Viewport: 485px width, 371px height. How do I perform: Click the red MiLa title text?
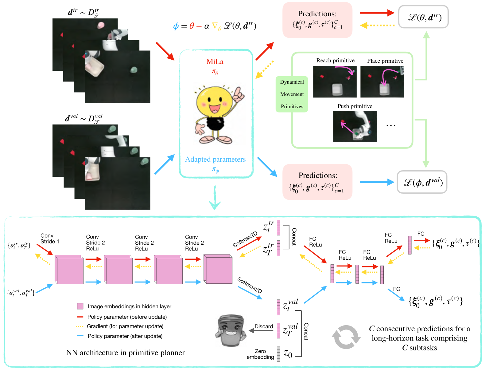(x=215, y=61)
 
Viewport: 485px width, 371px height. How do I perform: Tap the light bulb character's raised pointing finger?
(x=238, y=91)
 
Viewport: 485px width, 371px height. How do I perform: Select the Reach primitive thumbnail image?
(x=335, y=82)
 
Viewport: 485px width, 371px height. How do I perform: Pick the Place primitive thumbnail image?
(x=382, y=82)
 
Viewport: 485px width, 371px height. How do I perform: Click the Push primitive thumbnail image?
(x=355, y=127)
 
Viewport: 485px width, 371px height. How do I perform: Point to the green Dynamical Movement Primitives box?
(x=292, y=94)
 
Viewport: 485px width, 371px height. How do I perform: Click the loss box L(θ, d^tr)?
(x=423, y=17)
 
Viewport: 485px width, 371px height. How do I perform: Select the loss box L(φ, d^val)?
(x=422, y=182)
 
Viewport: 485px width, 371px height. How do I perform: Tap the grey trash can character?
(x=231, y=330)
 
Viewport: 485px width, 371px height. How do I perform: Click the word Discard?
(x=264, y=326)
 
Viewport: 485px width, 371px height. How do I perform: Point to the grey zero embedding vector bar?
(x=278, y=354)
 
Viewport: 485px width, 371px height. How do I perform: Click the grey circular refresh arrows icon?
(x=346, y=337)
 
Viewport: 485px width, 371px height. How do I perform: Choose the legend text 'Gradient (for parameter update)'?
(x=125, y=326)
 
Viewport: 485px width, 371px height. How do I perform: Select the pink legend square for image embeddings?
(x=80, y=306)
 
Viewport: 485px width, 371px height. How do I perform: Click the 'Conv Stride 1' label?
(x=50, y=239)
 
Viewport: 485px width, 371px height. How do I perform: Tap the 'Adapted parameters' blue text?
(x=215, y=159)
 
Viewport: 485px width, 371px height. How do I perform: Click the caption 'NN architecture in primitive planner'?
(x=125, y=353)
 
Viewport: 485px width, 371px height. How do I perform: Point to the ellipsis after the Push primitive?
(x=391, y=126)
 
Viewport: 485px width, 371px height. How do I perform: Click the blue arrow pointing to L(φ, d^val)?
(x=377, y=182)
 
